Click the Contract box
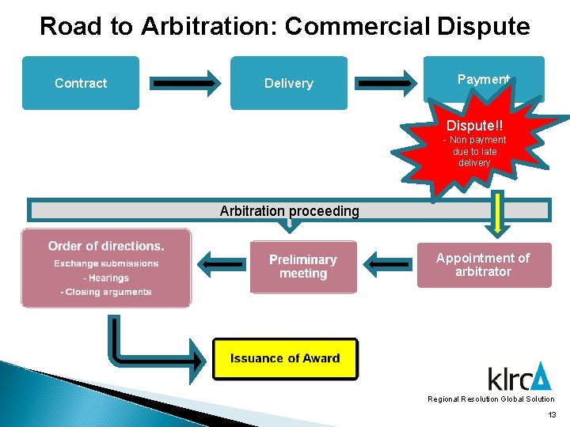pyautogui.click(x=81, y=83)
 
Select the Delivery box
pyautogui.click(x=288, y=83)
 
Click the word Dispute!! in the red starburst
pyautogui.click(x=474, y=126)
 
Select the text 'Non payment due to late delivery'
pyautogui.click(x=474, y=151)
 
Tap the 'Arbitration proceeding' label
pyautogui.click(x=289, y=211)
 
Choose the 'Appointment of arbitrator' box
pyautogui.click(x=483, y=265)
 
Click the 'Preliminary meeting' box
pyautogui.click(x=303, y=266)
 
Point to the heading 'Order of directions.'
pyautogui.click(x=106, y=246)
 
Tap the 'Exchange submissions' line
pyautogui.click(x=106, y=263)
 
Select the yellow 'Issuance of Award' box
pyautogui.click(x=285, y=358)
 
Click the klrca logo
pyautogui.click(x=519, y=377)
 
